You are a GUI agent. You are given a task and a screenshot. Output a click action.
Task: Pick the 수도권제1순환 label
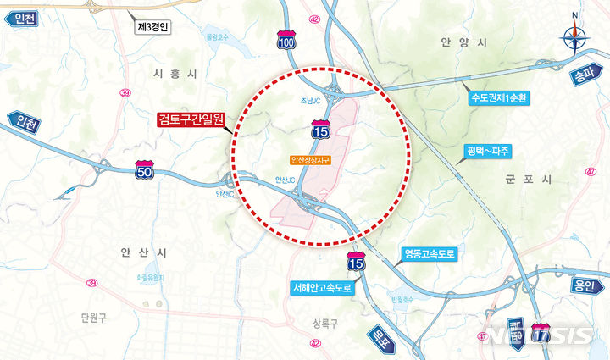501,97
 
